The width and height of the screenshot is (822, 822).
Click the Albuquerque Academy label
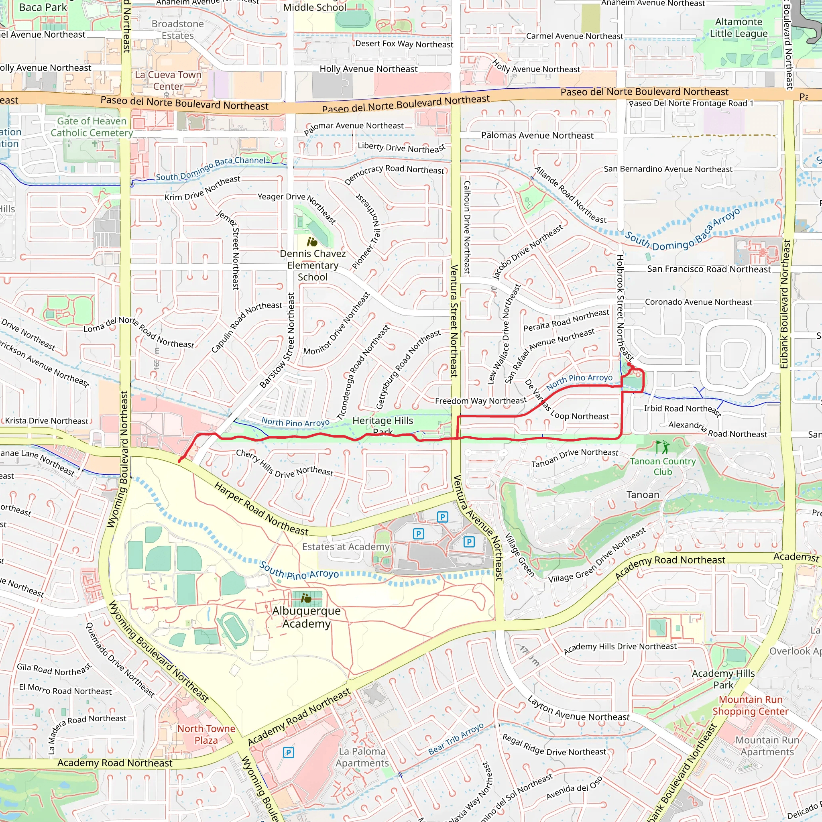point(306,617)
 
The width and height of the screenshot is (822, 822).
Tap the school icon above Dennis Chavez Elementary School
point(312,242)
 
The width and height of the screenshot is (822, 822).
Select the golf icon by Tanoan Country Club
point(662,447)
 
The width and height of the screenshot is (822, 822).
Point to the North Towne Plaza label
point(206,735)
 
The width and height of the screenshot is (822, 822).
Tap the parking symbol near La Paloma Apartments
point(288,752)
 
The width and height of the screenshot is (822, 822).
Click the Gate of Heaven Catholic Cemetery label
point(92,127)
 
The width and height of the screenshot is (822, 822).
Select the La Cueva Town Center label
point(168,80)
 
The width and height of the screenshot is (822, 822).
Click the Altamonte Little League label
point(739,28)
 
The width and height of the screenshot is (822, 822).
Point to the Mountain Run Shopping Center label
point(751,706)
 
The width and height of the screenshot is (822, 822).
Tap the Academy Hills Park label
point(723,679)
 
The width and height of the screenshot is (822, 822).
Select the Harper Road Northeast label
point(261,509)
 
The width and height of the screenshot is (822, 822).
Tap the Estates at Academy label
point(346,547)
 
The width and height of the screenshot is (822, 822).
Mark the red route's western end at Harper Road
point(179,461)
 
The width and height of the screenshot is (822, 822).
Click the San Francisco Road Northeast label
point(709,269)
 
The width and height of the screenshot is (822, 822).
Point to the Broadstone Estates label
point(177,30)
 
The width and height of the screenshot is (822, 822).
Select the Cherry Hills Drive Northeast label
point(285,463)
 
